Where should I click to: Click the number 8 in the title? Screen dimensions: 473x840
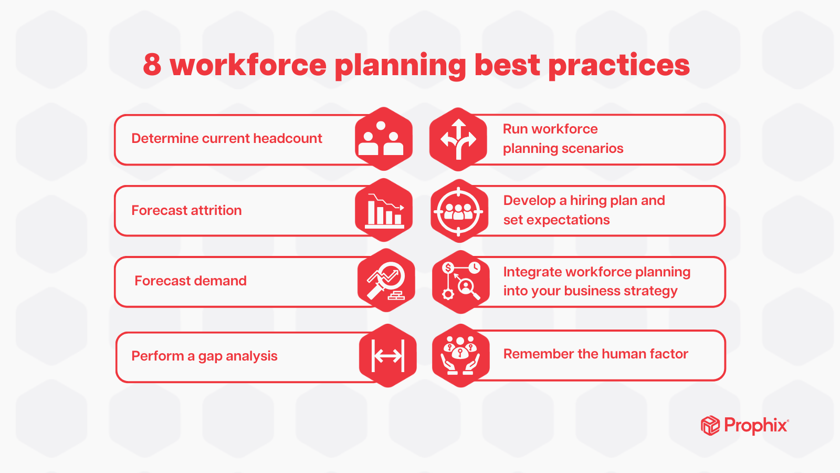[x=152, y=65]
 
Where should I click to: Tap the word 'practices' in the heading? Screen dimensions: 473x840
[x=619, y=66]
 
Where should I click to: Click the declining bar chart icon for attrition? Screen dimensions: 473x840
[x=384, y=210]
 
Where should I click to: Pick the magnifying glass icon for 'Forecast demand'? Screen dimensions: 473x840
[x=386, y=281]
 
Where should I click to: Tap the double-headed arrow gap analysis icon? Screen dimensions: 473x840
[x=387, y=356]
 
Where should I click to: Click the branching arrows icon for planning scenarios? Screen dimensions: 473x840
[x=458, y=139]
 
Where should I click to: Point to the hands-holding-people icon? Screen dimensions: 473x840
[x=460, y=356]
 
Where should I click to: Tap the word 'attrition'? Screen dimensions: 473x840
[x=216, y=210]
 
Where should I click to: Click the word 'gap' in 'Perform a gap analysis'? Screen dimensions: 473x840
[x=210, y=357]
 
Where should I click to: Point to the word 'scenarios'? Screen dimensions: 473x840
[x=594, y=149]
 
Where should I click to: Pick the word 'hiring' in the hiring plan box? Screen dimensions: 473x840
[x=588, y=201]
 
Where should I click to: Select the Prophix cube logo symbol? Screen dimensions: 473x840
[x=710, y=425]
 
